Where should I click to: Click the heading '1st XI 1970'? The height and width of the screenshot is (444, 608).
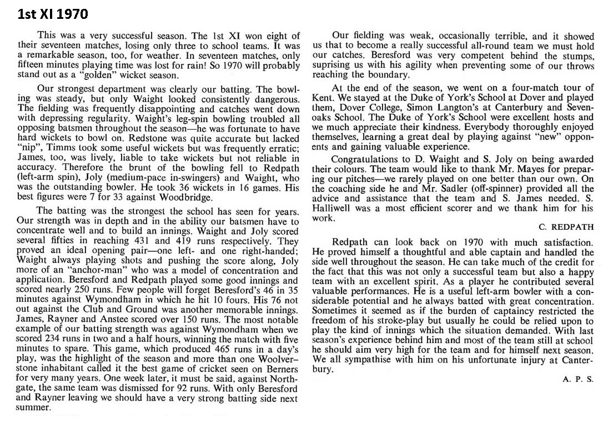48,13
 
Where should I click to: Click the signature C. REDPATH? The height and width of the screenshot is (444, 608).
566,226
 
